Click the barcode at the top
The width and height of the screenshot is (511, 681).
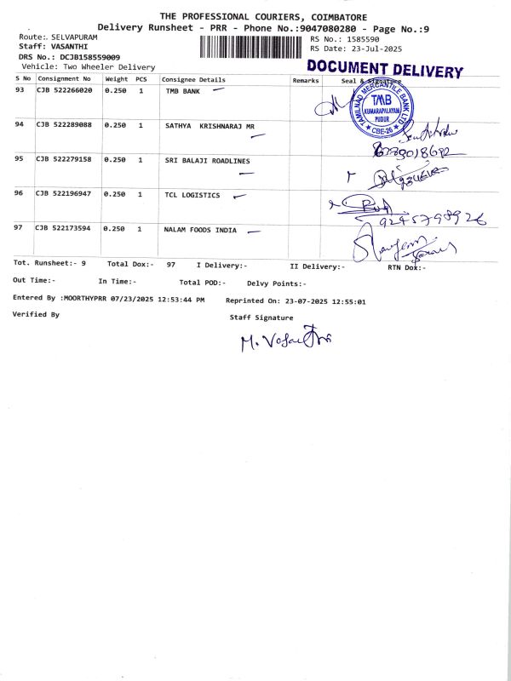[252, 46]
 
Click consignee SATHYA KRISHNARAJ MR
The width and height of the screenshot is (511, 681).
[210, 125]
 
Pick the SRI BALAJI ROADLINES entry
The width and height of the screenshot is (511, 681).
[207, 160]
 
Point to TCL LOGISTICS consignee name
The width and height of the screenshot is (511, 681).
[192, 195]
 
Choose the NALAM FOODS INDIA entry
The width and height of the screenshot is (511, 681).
[201, 230]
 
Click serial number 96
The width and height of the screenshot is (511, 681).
[20, 194]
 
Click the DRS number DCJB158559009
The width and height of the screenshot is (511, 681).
[89, 57]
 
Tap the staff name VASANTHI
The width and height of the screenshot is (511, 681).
[69, 48]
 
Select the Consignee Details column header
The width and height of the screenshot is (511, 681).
[193, 79]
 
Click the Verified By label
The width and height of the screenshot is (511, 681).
[36, 314]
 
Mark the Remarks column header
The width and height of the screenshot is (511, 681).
[305, 79]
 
